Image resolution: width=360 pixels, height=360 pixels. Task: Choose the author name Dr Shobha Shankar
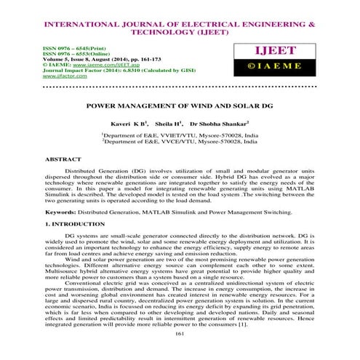tap(221, 124)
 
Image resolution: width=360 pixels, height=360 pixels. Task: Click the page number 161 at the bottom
tap(179, 353)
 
